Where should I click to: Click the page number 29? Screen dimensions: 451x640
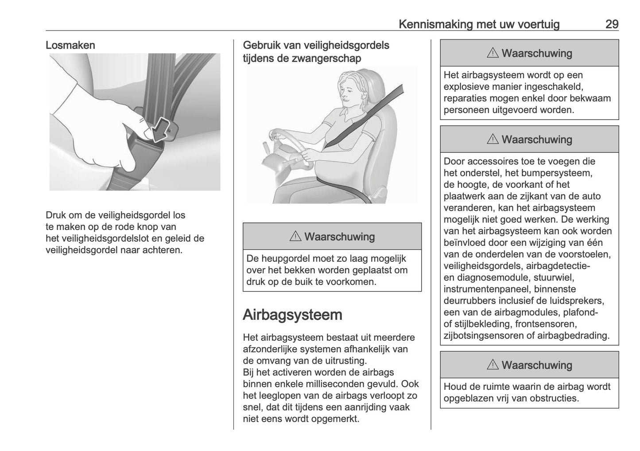pos(612,24)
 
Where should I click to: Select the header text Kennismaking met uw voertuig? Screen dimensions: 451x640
pos(479,24)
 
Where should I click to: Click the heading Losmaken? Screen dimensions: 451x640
pos(70,45)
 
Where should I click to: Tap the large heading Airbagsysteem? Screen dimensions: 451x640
pos(292,315)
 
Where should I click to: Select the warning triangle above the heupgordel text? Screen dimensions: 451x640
pos(295,237)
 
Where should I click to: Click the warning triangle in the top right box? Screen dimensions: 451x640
pos(492,54)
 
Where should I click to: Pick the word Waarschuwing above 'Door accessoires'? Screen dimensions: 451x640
pos(537,140)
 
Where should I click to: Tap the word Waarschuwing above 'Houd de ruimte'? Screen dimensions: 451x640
pos(537,365)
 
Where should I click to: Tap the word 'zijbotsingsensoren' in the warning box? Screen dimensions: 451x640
pos(484,335)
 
